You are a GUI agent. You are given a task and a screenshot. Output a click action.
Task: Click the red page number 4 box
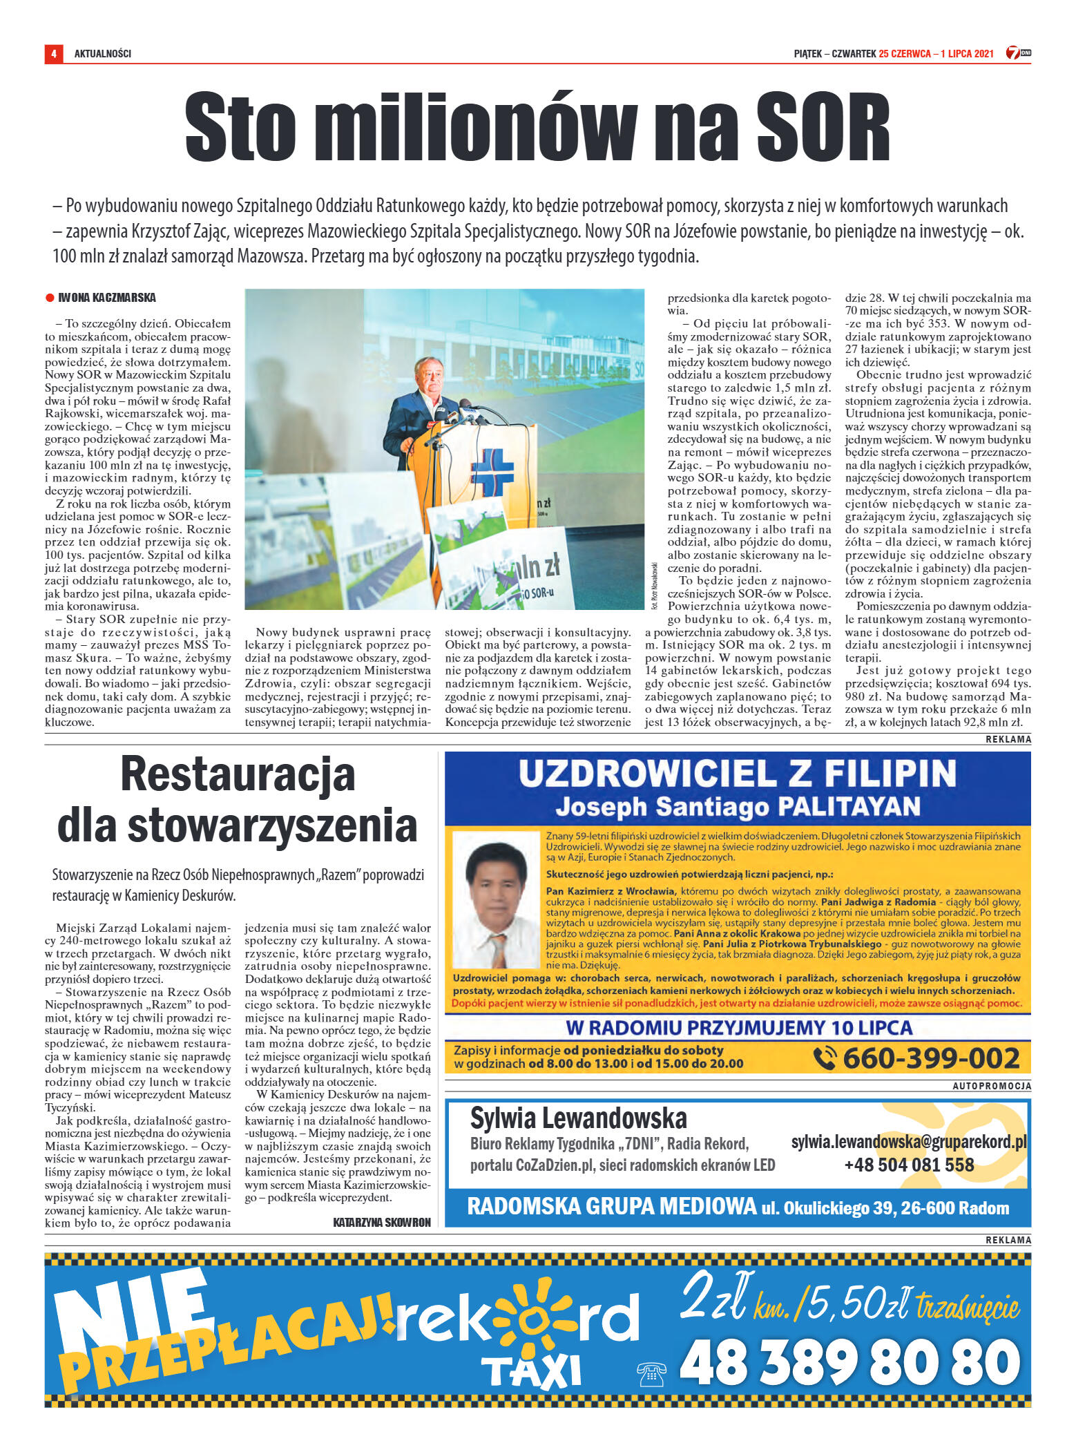53,53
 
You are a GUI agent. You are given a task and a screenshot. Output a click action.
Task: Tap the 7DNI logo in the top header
1018,53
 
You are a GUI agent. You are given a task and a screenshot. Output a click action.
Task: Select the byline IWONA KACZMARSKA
107,298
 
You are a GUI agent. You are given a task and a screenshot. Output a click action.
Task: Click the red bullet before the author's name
50,298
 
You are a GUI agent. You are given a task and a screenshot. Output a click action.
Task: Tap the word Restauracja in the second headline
238,774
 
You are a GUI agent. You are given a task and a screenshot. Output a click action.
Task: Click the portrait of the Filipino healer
493,901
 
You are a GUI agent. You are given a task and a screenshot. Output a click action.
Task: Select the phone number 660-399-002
930,1058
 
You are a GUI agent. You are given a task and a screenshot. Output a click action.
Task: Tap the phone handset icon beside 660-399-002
825,1058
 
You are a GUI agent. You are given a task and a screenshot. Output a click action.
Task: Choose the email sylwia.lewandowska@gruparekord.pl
908,1143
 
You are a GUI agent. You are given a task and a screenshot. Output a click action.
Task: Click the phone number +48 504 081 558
908,1165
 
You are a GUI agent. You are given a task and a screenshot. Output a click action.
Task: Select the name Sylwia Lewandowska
578,1118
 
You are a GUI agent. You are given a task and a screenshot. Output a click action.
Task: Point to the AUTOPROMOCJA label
992,1086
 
